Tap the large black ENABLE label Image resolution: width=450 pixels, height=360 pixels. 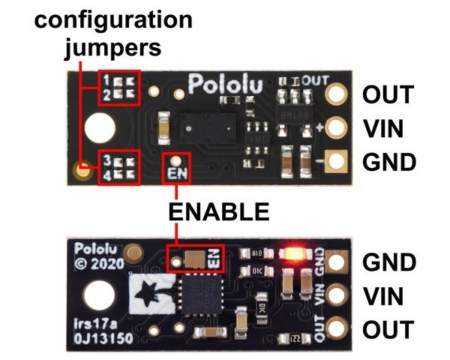218,211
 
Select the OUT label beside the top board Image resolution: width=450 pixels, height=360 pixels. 388,95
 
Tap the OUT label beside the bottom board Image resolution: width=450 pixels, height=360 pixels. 388,330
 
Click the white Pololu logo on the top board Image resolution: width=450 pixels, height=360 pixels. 224,83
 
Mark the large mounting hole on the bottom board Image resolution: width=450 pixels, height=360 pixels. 97,295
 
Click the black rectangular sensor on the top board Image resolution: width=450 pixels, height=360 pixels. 206,130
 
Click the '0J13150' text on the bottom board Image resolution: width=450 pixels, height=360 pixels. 102,337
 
